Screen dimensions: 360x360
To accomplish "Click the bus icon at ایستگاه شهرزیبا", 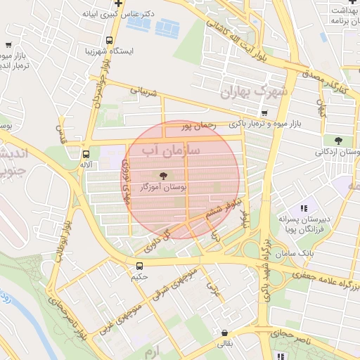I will coord(109,41).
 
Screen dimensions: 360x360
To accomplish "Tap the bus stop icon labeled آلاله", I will coord(86,154).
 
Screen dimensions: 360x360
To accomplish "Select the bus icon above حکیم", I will coord(139,266).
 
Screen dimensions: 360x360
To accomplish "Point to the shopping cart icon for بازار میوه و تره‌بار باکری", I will coord(264,112).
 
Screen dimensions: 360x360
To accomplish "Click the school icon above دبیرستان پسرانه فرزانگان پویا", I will coord(304,208).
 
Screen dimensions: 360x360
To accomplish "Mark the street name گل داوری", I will coord(159,240).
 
